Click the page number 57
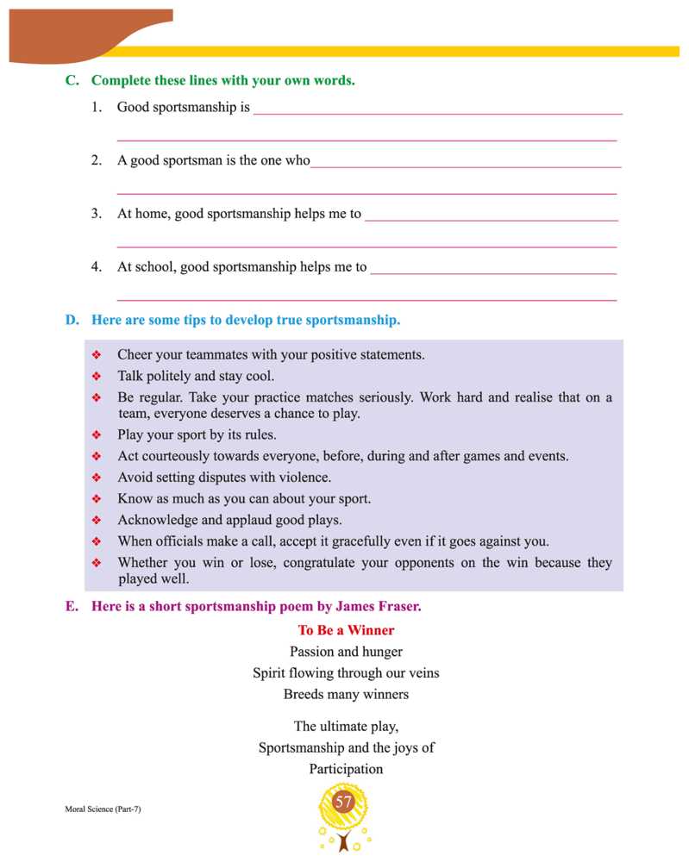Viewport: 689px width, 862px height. pyautogui.click(x=344, y=803)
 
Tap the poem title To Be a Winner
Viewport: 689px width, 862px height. pyautogui.click(x=346, y=630)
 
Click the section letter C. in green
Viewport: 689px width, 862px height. pyautogui.click(x=72, y=80)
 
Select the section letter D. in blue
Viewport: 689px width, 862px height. pyautogui.click(x=72, y=320)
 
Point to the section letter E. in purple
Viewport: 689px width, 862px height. pyautogui.click(x=72, y=606)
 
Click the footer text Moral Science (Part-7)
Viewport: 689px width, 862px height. pyautogui.click(x=103, y=810)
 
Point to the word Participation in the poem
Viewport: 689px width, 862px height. pyautogui.click(x=346, y=769)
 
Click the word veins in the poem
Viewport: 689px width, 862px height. pyautogui.click(x=422, y=672)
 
